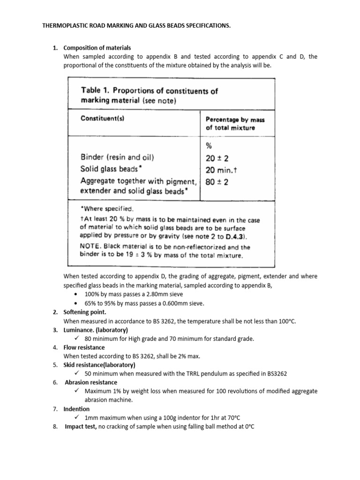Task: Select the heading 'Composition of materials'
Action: coord(97,48)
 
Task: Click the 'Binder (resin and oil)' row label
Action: coord(119,157)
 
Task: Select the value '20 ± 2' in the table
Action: coord(217,158)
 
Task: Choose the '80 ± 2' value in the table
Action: coord(217,182)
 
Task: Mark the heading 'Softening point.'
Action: coord(85,312)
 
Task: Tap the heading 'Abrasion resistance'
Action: coord(91,382)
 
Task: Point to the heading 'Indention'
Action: coord(76,409)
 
